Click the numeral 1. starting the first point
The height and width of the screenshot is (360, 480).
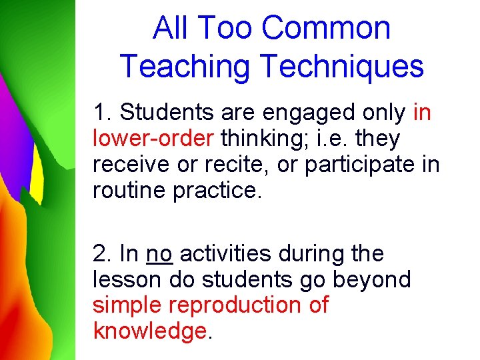click(x=102, y=113)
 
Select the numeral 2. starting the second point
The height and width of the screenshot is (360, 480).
click(x=102, y=254)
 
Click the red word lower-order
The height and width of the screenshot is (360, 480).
click(x=153, y=139)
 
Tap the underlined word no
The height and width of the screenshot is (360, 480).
click(x=159, y=254)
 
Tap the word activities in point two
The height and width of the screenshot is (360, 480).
click(x=227, y=254)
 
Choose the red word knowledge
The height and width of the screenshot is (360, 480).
click(x=150, y=330)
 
